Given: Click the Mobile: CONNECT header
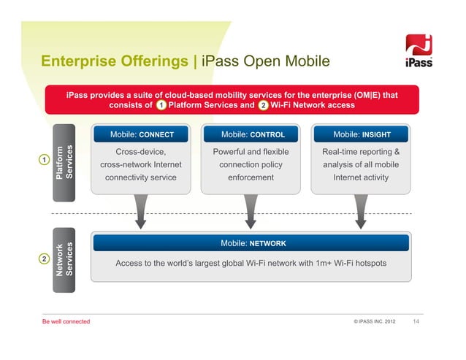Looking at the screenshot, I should click(142, 134).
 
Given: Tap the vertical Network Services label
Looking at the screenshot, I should click(64, 258).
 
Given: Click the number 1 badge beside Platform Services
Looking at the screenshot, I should click(45, 160).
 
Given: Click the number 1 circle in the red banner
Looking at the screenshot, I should click(160, 105).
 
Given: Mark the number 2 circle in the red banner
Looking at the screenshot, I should click(262, 105).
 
